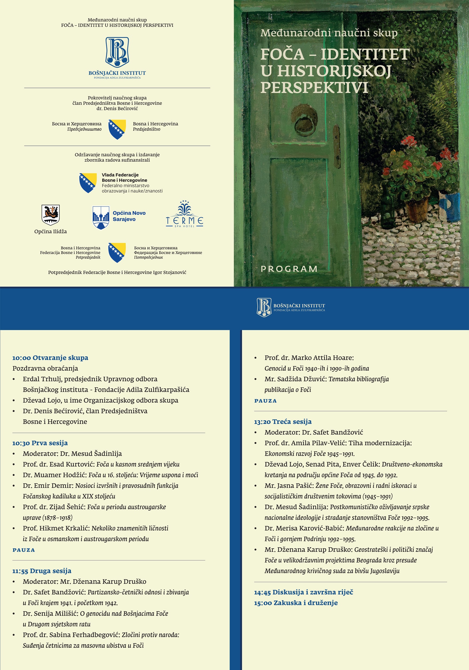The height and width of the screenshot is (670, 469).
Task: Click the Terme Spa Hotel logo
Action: pyautogui.click(x=184, y=215)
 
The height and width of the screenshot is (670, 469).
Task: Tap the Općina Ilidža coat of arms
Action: pyautogui.click(x=50, y=215)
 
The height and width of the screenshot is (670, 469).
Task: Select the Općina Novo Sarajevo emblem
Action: pyautogui.click(x=101, y=217)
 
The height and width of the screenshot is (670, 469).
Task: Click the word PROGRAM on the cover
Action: pyautogui.click(x=289, y=269)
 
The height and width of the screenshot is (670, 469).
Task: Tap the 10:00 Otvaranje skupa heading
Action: pyautogui.click(x=50, y=358)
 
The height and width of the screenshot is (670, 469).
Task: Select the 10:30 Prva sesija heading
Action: pyautogui.click(x=40, y=443)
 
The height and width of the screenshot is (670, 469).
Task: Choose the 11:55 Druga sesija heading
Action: pyautogui.click(x=42, y=571)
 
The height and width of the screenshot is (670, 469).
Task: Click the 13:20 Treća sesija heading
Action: pyautogui.click(x=282, y=422)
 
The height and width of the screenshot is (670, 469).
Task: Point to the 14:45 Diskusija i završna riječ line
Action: pyautogui.click(x=304, y=592)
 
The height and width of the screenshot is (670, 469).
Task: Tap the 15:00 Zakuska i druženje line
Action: pyautogui.click(x=296, y=603)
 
